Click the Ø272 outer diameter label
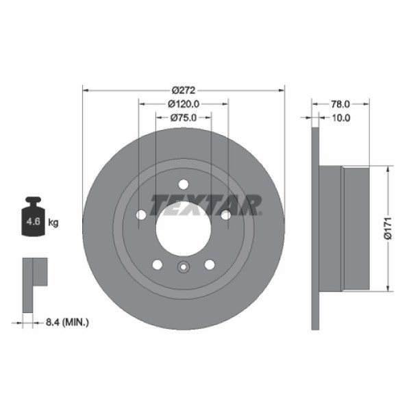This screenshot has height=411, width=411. (184, 90)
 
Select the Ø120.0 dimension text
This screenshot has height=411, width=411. (184, 104)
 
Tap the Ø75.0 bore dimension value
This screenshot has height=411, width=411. (184, 118)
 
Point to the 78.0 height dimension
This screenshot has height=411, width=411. (340, 104)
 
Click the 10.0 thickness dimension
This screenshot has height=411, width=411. (340, 118)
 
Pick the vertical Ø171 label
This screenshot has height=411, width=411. (387, 227)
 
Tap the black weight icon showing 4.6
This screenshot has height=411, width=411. (32, 219)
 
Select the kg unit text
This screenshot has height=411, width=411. (53, 223)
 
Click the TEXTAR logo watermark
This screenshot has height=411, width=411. (206, 204)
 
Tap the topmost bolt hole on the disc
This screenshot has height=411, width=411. (183, 184)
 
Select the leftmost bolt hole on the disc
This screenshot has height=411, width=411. (141, 215)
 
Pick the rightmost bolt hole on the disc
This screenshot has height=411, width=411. (225, 215)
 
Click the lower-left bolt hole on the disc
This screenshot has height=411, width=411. (158, 264)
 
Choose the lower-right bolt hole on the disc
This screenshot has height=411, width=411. (209, 264)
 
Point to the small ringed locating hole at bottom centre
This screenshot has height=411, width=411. (183, 269)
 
